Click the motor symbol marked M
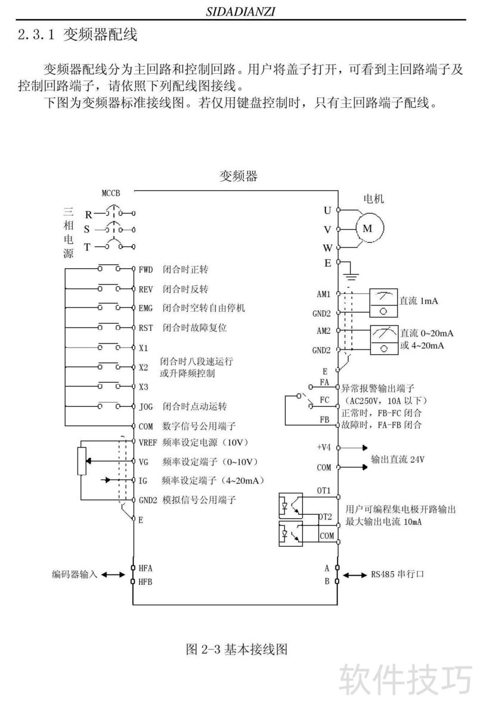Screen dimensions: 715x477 click(368, 228)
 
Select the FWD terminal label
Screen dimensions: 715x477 click(146, 270)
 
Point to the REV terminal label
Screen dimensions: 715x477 click(146, 289)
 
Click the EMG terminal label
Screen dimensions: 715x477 click(146, 308)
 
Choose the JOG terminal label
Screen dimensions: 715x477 click(146, 407)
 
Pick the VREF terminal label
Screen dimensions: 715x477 click(148, 442)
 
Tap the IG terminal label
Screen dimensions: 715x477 click(143, 480)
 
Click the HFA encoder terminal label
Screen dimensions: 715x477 click(146, 568)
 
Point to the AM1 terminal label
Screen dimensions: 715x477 click(324, 294)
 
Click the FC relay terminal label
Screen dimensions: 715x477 click(325, 400)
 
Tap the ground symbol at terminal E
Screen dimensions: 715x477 click(352, 275)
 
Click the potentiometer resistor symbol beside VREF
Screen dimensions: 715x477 click(82, 461)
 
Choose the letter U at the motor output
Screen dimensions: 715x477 click(327, 211)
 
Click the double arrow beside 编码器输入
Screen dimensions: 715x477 click(111, 575)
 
